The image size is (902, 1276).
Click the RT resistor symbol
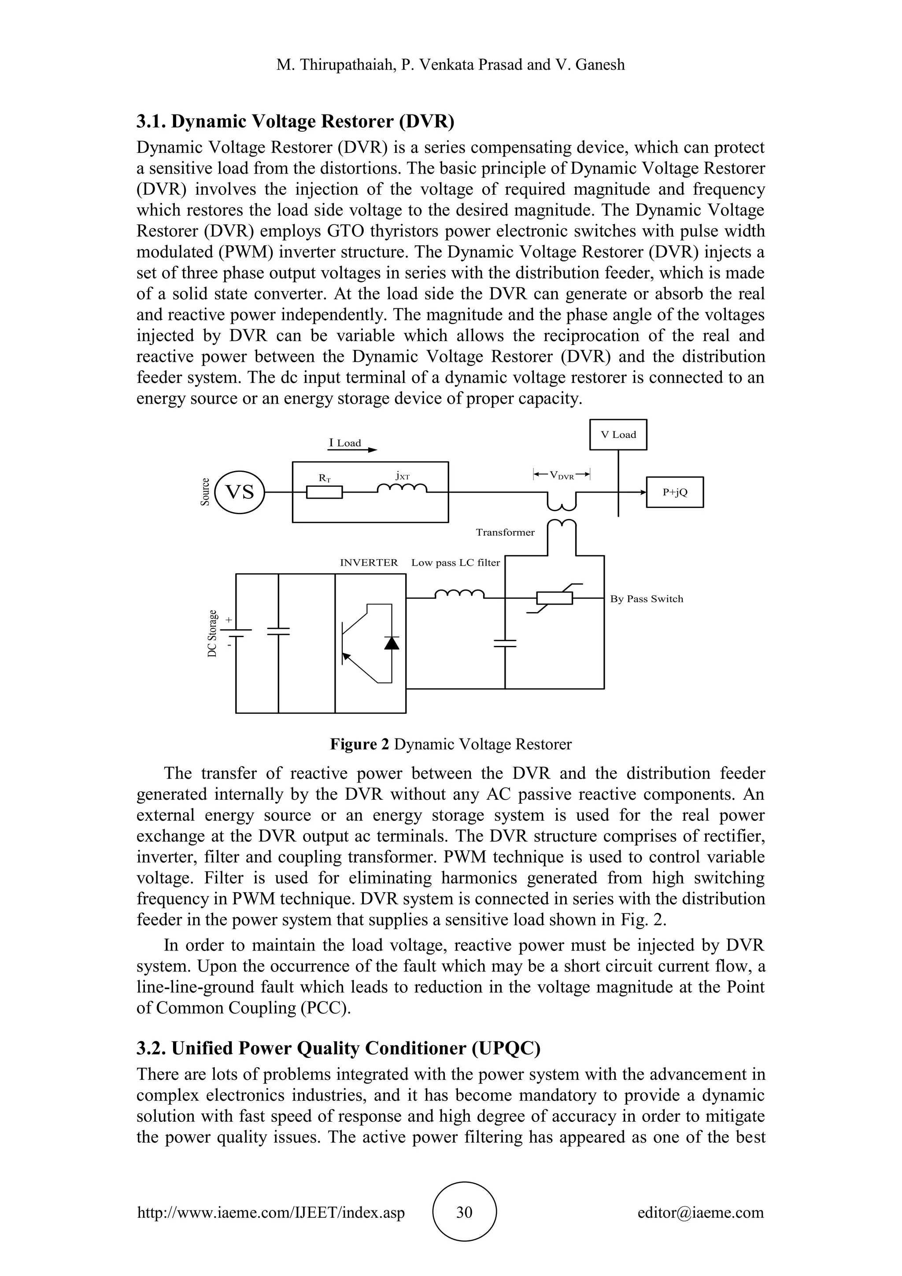(324, 493)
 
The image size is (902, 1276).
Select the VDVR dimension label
(562, 475)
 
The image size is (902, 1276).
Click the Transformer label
(505, 532)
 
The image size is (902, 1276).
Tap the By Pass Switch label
(647, 599)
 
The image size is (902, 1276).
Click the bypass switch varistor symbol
(555, 598)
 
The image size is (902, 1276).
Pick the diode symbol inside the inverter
(392, 643)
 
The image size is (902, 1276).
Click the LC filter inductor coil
(459, 595)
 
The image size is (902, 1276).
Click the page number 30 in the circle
(464, 1212)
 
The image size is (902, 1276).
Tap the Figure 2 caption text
(451, 744)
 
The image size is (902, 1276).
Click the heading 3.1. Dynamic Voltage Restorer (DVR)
(296, 121)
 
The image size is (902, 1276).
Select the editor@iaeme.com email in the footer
(700, 1212)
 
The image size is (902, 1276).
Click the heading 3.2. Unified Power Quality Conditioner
(338, 1048)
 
